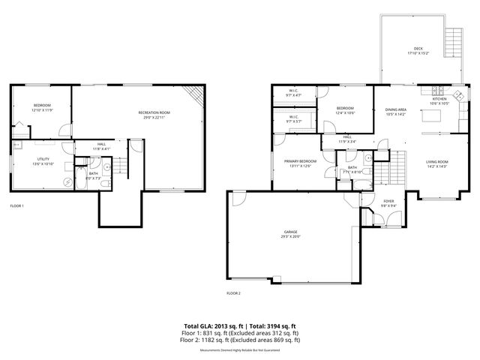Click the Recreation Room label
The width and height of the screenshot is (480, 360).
coord(154,112)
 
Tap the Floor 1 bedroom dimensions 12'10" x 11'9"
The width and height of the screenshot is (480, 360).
coord(42,109)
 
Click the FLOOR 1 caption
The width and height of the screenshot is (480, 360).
coord(16,205)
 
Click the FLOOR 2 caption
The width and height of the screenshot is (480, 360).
coord(233,292)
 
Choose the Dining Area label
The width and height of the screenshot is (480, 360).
coord(395,110)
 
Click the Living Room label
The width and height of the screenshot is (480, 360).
coord(436,161)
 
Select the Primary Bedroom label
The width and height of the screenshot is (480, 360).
coord(300,161)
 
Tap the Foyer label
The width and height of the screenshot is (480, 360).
coord(388,200)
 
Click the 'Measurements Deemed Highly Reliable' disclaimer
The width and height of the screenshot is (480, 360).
coord(239,350)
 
